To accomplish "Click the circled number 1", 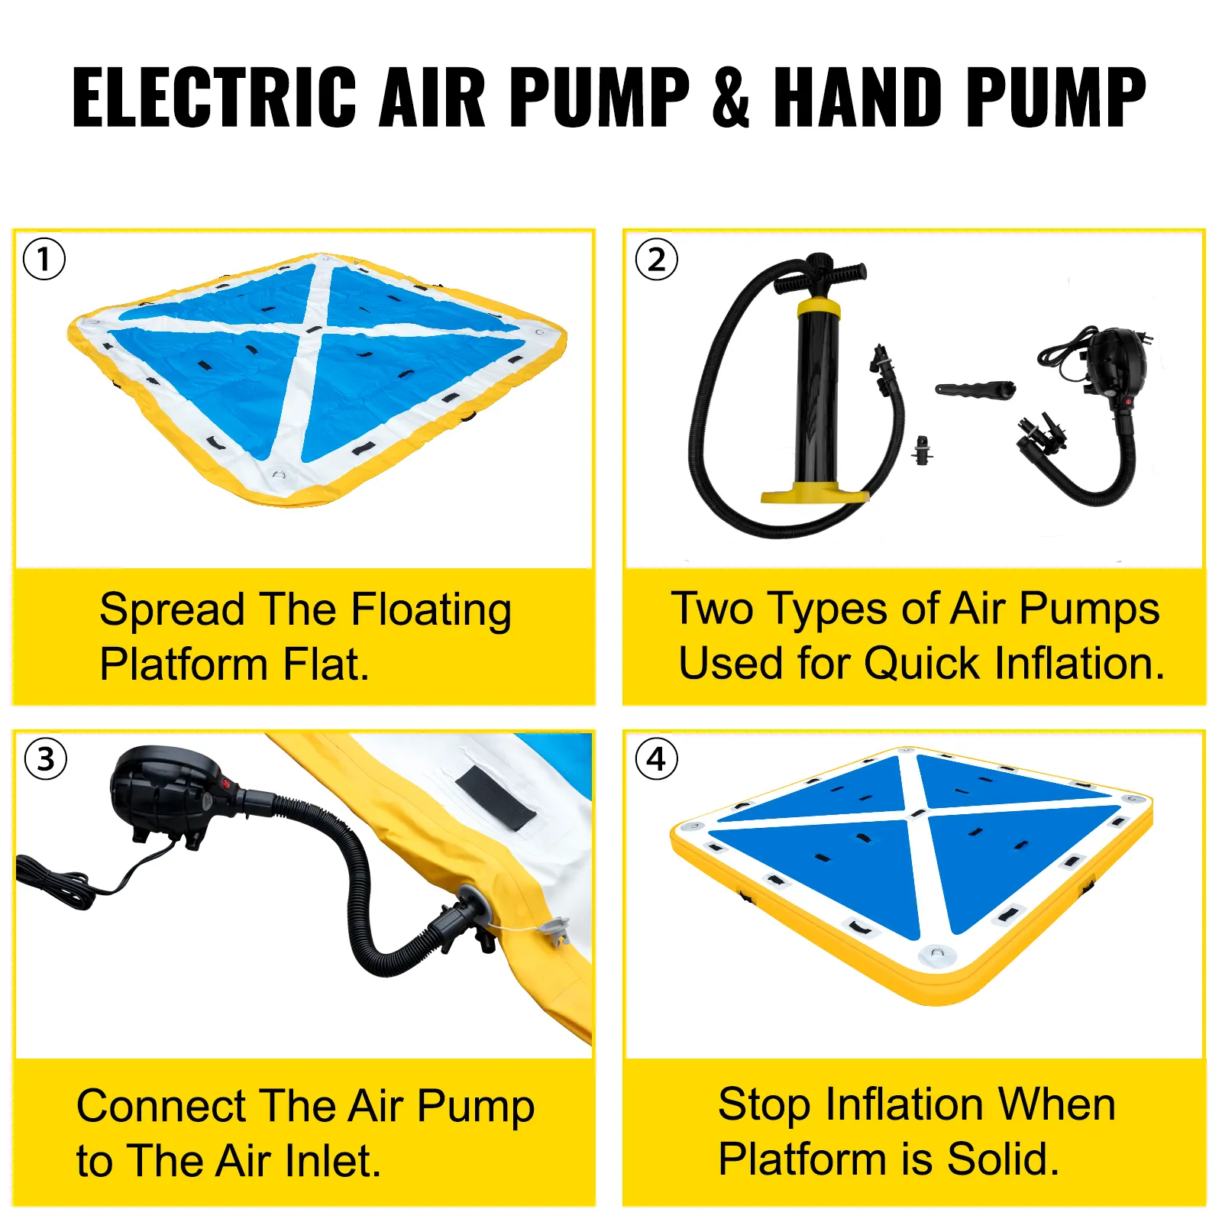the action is [44, 259].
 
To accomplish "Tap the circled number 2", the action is [657, 259].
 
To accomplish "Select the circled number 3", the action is [46, 758].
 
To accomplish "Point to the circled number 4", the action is [657, 758].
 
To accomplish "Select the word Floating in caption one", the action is [431, 611].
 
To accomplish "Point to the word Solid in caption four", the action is [1003, 1159].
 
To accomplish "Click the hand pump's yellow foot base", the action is [814, 493].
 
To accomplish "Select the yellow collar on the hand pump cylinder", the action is [819, 309].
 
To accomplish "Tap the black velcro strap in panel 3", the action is [496, 799].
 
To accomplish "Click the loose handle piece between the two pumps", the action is [975, 389].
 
